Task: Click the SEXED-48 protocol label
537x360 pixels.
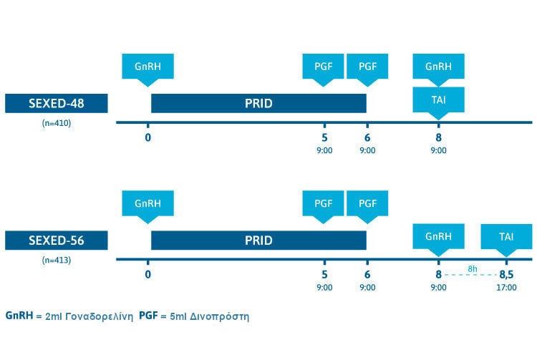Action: point(56,103)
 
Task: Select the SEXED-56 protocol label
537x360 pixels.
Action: point(56,240)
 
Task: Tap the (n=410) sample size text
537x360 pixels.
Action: point(56,122)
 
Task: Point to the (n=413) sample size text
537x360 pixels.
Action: point(56,260)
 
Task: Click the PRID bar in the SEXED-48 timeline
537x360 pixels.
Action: point(258,103)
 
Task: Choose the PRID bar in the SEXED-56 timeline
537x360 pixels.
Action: point(258,240)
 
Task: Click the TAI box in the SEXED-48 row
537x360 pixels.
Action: point(438,100)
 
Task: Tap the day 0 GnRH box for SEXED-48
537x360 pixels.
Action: point(148,67)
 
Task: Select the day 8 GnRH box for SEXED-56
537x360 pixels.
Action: point(438,237)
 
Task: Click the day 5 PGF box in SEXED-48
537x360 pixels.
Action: point(324,67)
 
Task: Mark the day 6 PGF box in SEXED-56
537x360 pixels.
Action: point(367,203)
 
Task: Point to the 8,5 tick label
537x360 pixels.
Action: point(505,274)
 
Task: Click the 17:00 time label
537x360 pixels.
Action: point(505,288)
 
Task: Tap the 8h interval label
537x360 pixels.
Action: point(472,268)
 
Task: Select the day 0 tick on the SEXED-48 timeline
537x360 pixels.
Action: point(148,137)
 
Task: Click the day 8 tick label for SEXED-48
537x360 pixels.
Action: point(438,137)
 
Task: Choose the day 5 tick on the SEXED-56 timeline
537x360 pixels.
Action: point(324,274)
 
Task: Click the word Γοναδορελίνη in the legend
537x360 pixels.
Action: point(101,316)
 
